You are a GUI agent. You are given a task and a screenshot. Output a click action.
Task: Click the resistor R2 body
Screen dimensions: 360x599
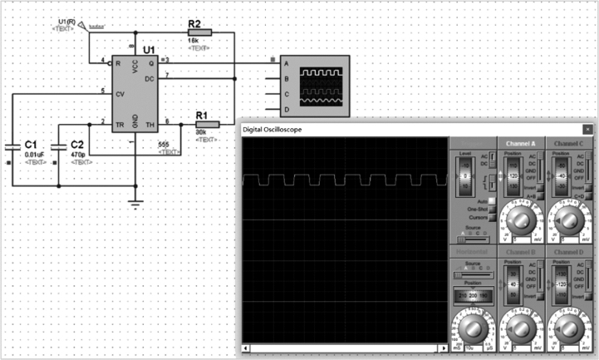tap(200, 32)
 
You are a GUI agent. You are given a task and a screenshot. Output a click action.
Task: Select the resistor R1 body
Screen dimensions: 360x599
tap(206, 124)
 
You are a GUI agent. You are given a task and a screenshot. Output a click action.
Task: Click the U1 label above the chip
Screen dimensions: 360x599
tap(149, 50)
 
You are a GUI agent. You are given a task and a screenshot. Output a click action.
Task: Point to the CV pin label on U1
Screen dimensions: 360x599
tap(119, 94)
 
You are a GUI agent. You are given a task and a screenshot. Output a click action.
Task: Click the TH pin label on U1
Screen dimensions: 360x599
tap(151, 124)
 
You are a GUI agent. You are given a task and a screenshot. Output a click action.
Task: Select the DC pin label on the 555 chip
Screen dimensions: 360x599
tap(149, 78)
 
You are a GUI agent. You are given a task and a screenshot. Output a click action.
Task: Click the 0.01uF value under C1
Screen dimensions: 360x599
tap(35, 155)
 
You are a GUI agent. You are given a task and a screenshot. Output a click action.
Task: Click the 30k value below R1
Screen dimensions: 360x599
tap(201, 133)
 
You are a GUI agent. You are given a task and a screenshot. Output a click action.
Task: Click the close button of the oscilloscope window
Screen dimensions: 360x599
tap(588, 130)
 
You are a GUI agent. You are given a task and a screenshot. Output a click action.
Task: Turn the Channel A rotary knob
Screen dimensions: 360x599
tap(520, 221)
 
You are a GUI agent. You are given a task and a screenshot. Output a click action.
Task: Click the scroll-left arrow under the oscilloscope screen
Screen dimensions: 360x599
tap(245, 348)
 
